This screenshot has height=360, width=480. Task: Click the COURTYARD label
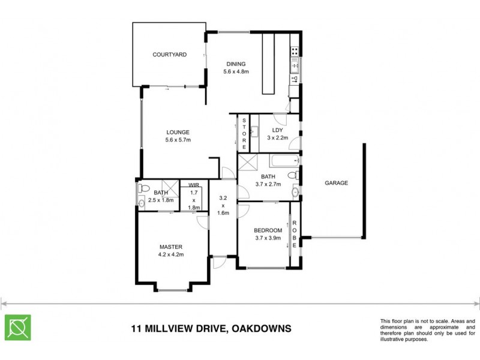(169, 55)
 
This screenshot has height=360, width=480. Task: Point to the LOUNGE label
(178, 133)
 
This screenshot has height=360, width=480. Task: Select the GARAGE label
(337, 183)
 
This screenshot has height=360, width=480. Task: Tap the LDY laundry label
(277, 130)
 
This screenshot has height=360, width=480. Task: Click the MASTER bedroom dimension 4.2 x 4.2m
(171, 254)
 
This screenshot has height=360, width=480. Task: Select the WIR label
(193, 185)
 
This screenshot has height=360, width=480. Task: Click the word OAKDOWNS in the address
(262, 329)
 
